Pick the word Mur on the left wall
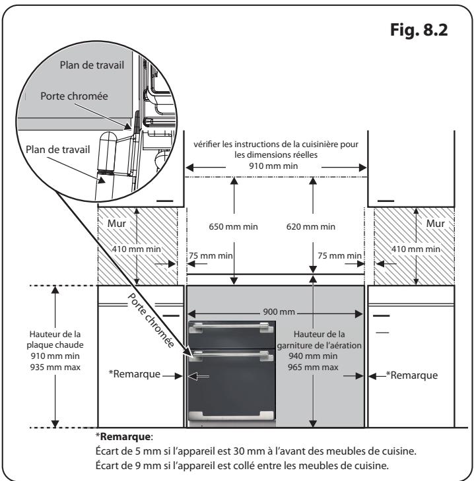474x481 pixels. [x=116, y=224]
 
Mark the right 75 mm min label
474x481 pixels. [x=339, y=255]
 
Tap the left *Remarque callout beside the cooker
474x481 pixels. [x=134, y=375]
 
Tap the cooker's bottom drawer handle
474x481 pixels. [x=230, y=415]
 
